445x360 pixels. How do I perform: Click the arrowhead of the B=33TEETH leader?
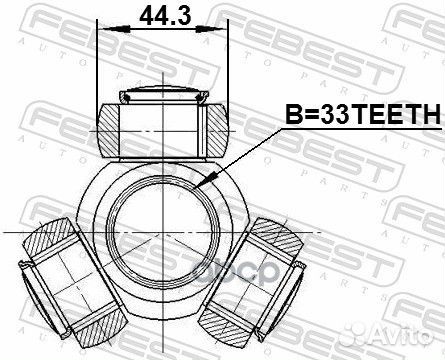tap(204, 183)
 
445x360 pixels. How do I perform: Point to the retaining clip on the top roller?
tap(160, 96)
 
